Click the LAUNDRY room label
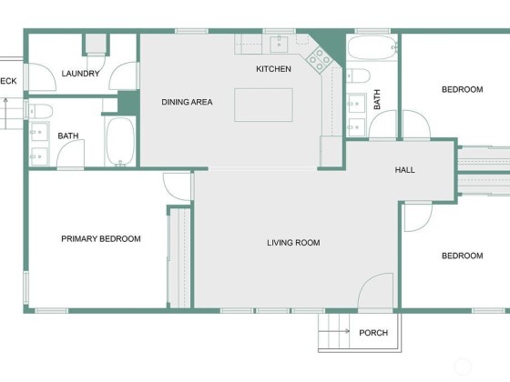[81, 74]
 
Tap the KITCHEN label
[273, 69]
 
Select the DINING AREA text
[187, 102]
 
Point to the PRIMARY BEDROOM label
[101, 238]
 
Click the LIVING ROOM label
[293, 243]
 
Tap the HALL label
[405, 170]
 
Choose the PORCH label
[373, 333]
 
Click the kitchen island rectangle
[263, 105]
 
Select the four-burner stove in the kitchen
[319, 59]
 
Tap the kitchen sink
[279, 45]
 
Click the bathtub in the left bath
[120, 142]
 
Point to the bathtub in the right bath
[372, 47]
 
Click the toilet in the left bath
[39, 111]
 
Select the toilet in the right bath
[358, 75]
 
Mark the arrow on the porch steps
[333, 331]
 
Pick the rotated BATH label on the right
[377, 99]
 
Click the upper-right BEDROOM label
[463, 89]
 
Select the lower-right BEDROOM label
[463, 256]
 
